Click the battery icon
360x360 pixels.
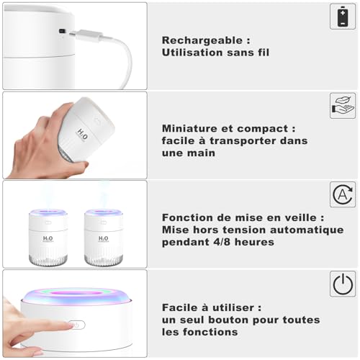coord(343,17)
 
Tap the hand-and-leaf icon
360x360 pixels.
coord(343,106)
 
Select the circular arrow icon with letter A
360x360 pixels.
coord(343,194)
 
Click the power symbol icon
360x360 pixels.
coord(343,284)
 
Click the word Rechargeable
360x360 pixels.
coord(202,40)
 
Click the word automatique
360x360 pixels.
coord(307,230)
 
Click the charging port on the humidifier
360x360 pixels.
coord(62,31)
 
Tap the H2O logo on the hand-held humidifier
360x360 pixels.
coord(82,135)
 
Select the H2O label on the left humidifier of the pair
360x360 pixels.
coord(48,238)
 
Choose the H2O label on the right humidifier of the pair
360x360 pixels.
coord(104,238)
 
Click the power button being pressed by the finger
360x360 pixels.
coord(76,325)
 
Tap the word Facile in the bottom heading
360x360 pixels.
coord(180,307)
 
